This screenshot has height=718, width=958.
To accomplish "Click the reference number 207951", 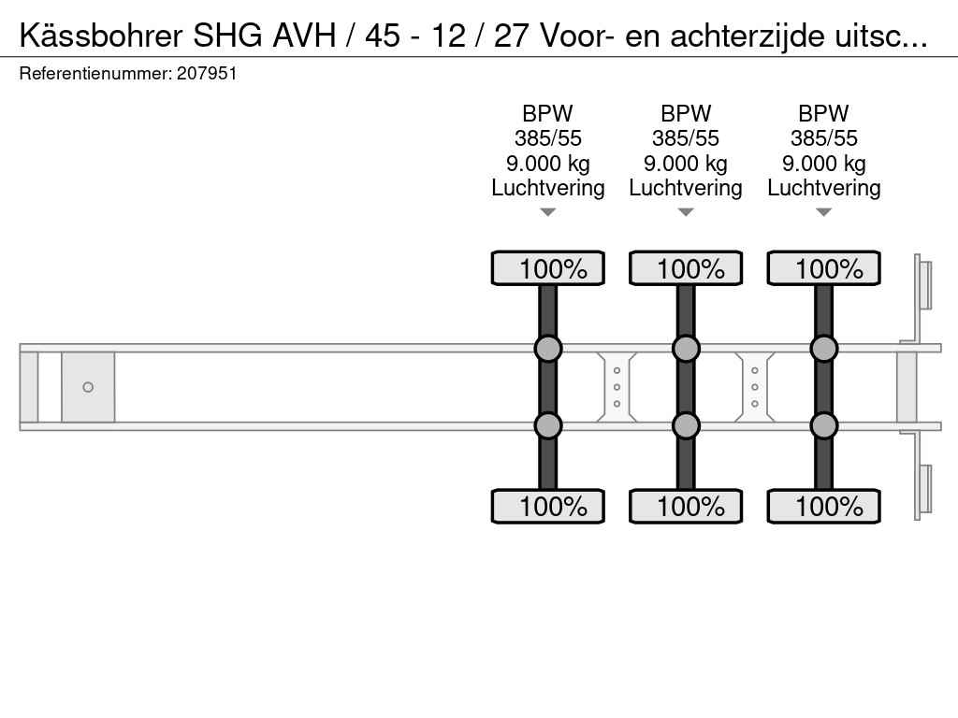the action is click(207, 74).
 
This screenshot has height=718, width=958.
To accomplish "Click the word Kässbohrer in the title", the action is click(101, 36).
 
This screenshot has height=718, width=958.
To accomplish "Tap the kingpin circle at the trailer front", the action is click(88, 387).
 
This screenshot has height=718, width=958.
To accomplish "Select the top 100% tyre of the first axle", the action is click(548, 268).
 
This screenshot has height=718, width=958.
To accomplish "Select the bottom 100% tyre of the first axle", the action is click(548, 506).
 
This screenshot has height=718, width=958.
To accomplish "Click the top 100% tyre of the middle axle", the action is click(686, 268).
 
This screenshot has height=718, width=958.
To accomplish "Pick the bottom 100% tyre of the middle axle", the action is click(686, 506).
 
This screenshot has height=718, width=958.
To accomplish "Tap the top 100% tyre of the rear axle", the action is click(823, 268).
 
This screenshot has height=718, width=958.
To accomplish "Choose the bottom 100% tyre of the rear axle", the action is click(823, 506).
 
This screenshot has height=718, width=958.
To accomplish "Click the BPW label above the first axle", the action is click(548, 113).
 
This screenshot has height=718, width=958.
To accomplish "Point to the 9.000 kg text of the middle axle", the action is click(686, 164).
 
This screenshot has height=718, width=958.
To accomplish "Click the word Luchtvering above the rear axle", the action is click(823, 188).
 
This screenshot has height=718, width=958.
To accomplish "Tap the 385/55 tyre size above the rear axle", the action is click(823, 138).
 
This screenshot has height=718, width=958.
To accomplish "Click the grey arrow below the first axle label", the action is click(548, 212).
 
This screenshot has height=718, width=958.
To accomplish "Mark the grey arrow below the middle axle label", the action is click(686, 212).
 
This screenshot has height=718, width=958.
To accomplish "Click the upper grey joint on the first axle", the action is click(548, 349).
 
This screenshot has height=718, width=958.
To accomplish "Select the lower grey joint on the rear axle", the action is click(823, 425).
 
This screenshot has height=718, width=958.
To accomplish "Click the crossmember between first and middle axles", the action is click(617, 387).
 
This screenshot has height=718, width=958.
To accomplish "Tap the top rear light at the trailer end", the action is click(922, 286).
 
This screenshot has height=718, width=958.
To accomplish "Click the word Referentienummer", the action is click(95, 74).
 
